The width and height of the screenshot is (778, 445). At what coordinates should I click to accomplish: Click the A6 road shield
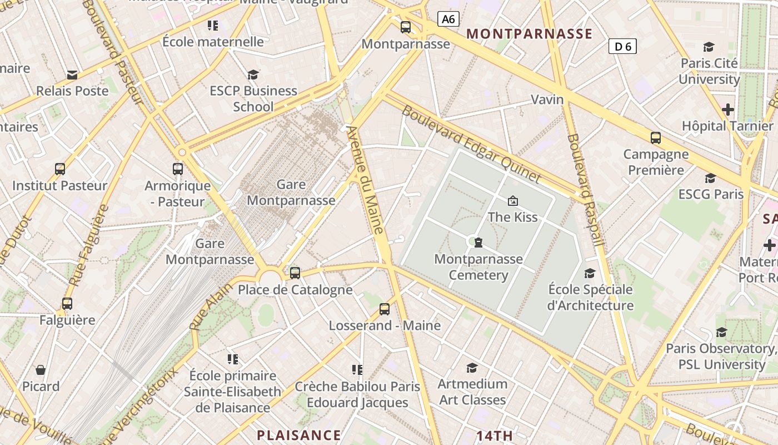[x=448, y=19]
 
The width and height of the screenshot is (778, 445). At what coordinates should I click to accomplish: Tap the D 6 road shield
[x=622, y=46]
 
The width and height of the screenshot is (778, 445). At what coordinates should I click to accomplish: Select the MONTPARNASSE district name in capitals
[x=529, y=34]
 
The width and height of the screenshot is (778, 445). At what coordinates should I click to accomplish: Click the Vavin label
[x=547, y=100]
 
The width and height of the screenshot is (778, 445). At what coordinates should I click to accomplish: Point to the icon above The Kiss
[x=512, y=201]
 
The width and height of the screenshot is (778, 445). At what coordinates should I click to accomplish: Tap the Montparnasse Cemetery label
[x=478, y=267]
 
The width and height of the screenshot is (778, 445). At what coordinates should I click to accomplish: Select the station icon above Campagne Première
[x=656, y=138]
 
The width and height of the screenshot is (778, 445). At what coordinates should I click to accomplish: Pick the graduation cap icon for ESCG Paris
[x=710, y=178]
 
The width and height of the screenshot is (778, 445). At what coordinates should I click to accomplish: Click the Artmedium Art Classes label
[x=472, y=392]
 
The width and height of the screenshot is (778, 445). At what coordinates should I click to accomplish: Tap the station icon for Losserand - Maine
[x=385, y=309]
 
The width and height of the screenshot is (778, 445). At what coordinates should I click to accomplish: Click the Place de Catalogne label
[x=295, y=290]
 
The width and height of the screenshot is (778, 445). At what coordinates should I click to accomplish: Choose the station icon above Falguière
[x=67, y=304]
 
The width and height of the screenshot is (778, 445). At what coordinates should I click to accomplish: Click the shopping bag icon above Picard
[x=41, y=370]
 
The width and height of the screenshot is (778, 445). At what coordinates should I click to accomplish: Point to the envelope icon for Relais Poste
[x=72, y=75]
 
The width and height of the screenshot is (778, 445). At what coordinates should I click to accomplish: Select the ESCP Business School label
[x=253, y=98]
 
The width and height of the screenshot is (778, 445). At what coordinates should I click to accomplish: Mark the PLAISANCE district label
[x=299, y=435]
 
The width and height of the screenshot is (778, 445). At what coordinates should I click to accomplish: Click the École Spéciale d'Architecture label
[x=590, y=297]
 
